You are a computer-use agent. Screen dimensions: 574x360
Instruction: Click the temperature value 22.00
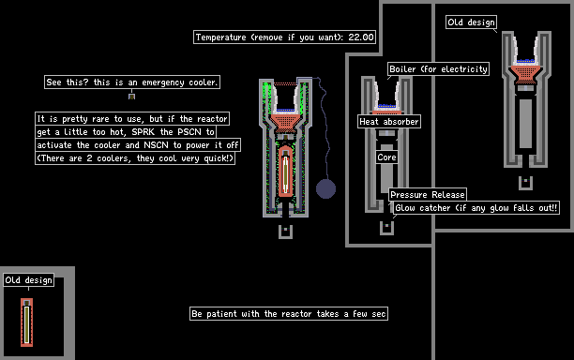(361, 37)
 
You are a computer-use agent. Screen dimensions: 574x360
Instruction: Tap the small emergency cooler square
(132, 97)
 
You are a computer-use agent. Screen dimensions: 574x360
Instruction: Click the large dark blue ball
(325, 188)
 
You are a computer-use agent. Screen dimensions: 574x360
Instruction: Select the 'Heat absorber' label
(389, 122)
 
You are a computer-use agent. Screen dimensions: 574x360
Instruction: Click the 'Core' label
(387, 157)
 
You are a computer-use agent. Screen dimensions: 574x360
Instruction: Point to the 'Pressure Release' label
(428, 195)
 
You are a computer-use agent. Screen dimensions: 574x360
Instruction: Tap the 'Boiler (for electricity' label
(439, 68)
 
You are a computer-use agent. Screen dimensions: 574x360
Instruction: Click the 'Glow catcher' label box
(476, 208)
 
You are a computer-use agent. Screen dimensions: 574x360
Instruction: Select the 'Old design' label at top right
(471, 22)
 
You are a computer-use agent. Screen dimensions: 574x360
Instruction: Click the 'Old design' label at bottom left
(28, 280)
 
